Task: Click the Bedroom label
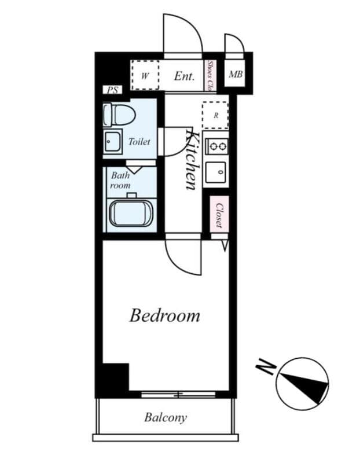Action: [x=165, y=316]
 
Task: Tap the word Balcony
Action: [x=166, y=417]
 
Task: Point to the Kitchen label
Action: [x=193, y=160]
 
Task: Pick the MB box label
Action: [x=235, y=74]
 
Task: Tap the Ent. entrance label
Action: [x=184, y=76]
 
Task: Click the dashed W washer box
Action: [x=145, y=75]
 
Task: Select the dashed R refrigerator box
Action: [x=216, y=115]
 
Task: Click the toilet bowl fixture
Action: [x=119, y=114]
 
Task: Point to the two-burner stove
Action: [x=217, y=145]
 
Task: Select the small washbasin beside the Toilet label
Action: [x=112, y=141]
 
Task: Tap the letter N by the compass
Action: [x=266, y=366]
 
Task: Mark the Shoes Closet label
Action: [x=211, y=76]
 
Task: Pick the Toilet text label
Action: [x=139, y=141]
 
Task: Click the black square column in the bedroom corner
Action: [x=115, y=377]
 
